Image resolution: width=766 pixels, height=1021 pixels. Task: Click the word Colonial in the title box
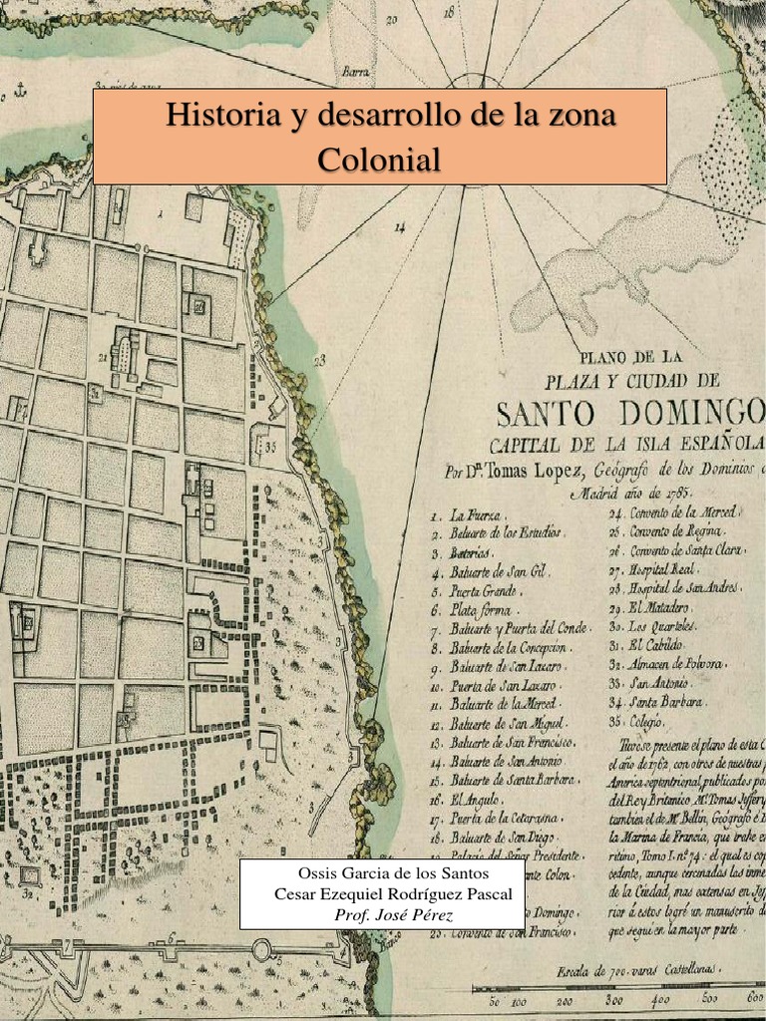coord(379,159)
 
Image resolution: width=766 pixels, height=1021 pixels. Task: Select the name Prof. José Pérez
coord(393,914)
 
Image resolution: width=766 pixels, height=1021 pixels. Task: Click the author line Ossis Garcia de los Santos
coord(393,874)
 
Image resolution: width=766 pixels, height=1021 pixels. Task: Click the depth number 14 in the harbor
coord(400,227)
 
